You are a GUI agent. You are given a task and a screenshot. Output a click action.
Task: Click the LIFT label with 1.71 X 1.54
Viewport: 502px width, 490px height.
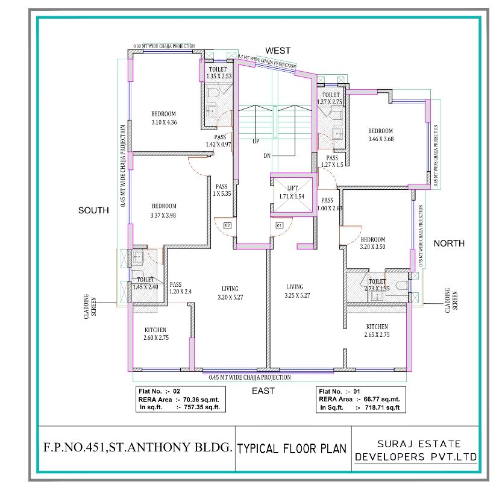coord(292,192)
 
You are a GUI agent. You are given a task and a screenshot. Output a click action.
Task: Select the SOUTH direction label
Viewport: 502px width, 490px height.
coord(93,210)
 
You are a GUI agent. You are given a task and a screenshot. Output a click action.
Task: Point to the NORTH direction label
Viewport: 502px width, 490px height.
coord(449,243)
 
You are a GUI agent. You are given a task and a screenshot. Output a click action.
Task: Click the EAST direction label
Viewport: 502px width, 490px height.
coord(263,391)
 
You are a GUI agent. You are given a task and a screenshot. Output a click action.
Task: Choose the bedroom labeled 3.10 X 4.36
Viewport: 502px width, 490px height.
coord(163,118)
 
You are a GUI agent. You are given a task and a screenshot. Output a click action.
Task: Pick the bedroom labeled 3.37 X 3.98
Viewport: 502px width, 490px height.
coord(163,210)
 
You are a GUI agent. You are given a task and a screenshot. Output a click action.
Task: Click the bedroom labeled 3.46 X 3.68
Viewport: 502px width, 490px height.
coord(380,135)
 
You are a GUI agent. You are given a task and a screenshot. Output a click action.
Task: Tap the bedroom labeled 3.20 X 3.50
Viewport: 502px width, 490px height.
coord(372,243)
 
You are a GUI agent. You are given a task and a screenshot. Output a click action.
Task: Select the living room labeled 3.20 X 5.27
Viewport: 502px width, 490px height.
coord(230,292)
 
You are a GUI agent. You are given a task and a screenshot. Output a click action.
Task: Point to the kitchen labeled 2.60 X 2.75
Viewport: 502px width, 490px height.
coord(155,334)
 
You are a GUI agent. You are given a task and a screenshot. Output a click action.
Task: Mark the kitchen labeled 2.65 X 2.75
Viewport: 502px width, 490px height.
coord(378,331)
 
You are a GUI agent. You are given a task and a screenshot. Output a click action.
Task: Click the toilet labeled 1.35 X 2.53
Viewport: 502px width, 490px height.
coord(218,73)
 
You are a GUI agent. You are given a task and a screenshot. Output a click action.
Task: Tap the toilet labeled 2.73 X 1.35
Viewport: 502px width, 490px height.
coord(377,285)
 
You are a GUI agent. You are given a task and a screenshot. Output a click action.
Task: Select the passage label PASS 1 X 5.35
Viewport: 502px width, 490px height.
coord(221,190)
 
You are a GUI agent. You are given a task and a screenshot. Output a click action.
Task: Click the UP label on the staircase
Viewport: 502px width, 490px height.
coord(256,141)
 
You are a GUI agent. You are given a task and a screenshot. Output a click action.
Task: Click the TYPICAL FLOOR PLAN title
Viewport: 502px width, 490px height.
coord(292,448)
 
